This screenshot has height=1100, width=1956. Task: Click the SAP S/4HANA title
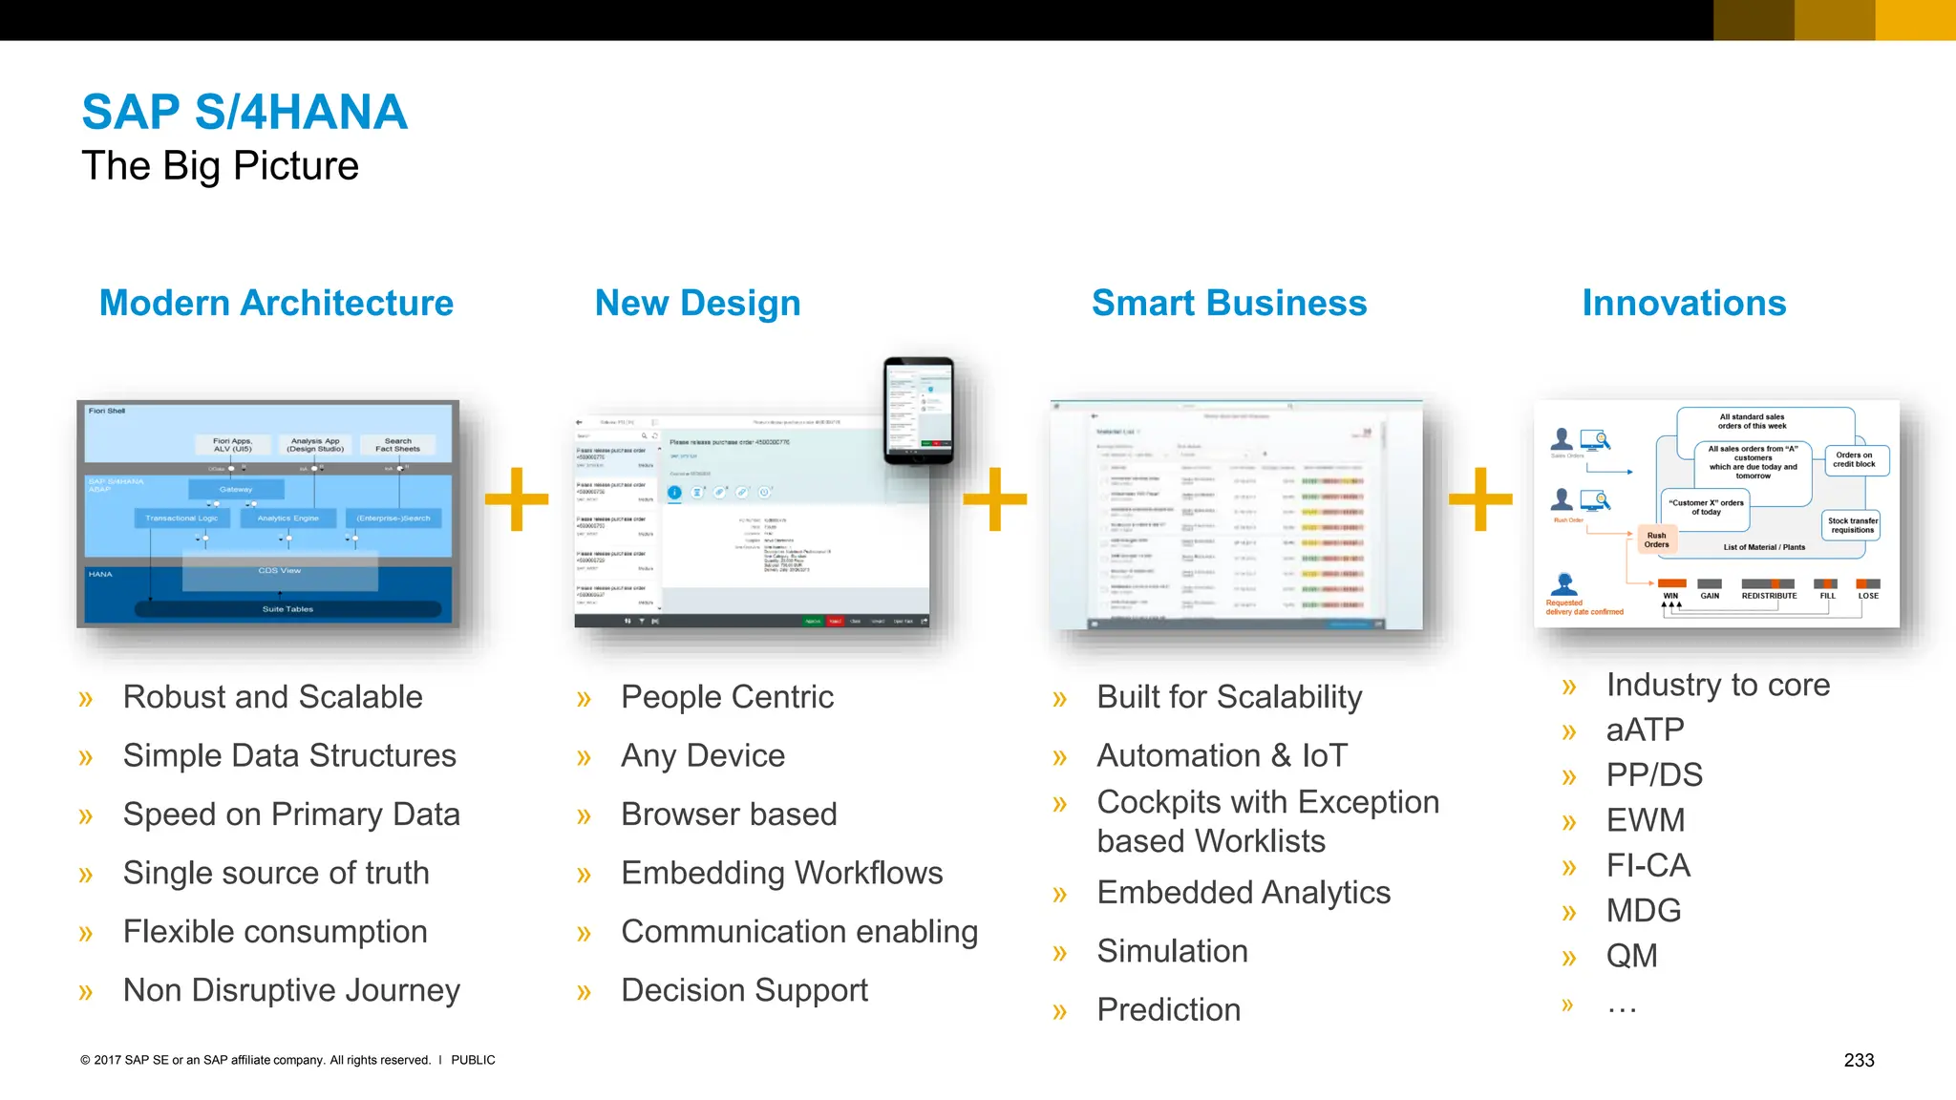[x=244, y=113]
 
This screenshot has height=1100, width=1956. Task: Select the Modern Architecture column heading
[x=276, y=304]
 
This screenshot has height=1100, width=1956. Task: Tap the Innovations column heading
[x=1683, y=304]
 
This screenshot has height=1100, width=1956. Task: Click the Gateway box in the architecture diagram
[x=236, y=490]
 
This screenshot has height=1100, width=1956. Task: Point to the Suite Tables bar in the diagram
[x=287, y=609]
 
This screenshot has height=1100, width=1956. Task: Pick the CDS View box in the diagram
[x=279, y=571]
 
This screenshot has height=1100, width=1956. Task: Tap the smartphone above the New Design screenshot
[x=918, y=411]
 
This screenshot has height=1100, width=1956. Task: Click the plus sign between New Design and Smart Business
[x=994, y=498]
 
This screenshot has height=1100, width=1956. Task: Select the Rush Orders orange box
[x=1656, y=539]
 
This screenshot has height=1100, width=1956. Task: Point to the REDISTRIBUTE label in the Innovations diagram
[x=1769, y=596]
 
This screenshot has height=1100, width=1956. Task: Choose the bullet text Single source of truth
[x=276, y=873]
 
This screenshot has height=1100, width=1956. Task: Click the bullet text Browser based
[x=729, y=814]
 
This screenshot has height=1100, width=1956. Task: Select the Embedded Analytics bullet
[x=1243, y=893]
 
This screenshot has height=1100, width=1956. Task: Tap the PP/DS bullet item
[x=1654, y=774]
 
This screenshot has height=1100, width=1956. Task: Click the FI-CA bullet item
[x=1648, y=865]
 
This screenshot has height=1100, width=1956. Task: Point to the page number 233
[x=1858, y=1060]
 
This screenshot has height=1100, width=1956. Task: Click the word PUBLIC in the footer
[x=473, y=1060]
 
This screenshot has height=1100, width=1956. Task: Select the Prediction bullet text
[x=1168, y=1009]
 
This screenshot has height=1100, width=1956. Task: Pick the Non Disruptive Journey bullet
[x=291, y=990]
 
